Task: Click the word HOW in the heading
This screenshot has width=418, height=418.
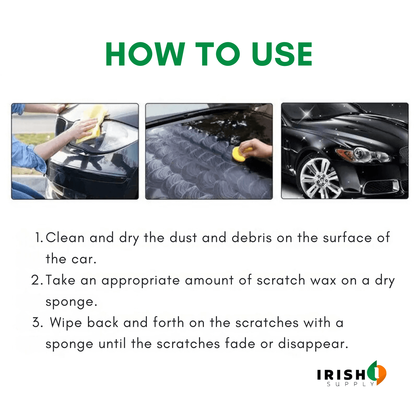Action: [145, 54]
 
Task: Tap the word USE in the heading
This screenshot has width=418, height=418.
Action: [282, 54]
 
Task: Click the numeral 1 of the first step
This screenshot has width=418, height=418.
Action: [38, 237]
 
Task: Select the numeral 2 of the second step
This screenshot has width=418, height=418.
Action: [37, 280]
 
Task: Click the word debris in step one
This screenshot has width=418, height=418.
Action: [251, 237]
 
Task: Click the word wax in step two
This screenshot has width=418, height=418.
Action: [323, 281]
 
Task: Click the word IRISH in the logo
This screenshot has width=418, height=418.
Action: [341, 375]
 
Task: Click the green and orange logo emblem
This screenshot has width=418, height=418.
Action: [377, 373]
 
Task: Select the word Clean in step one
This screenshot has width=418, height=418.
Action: [65, 237]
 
